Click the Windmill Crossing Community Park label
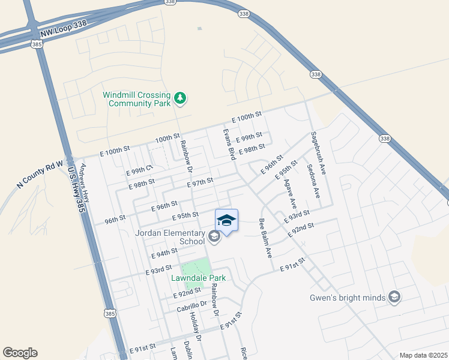(136, 99)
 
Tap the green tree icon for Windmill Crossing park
(179, 98)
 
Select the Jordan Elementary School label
(171, 237)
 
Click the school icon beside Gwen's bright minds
(394, 296)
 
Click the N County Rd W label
(41, 175)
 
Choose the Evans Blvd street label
(229, 143)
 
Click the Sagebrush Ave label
(318, 152)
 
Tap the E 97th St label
(200, 181)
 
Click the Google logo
(20, 353)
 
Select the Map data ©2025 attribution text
(423, 355)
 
